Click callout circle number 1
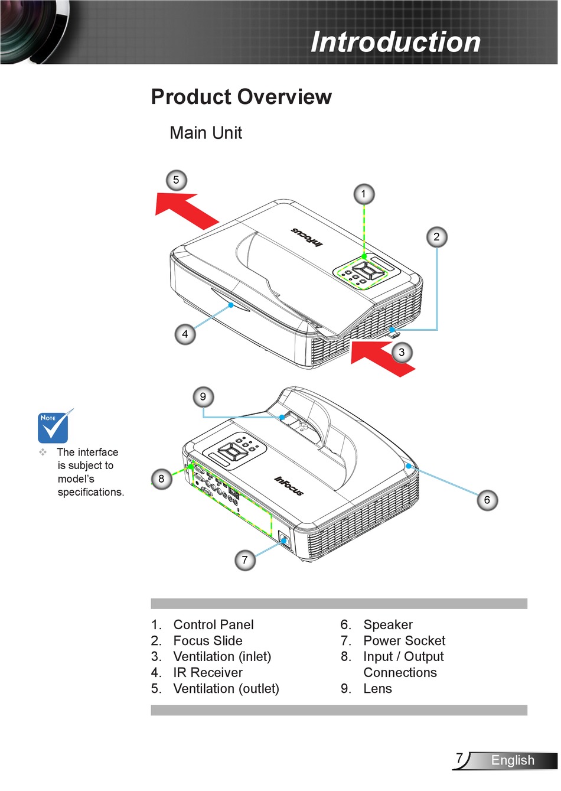click(x=364, y=194)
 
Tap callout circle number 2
click(x=436, y=237)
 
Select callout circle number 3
click(x=402, y=353)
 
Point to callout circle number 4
click(x=185, y=334)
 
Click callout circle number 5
click(x=175, y=180)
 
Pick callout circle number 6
click(x=487, y=500)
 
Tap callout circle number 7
click(x=245, y=559)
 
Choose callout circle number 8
click(x=161, y=478)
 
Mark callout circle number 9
click(x=203, y=397)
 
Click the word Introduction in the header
click(x=396, y=42)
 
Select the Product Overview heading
click(x=241, y=97)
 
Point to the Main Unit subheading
click(x=206, y=133)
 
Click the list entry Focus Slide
click(x=207, y=641)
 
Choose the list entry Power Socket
click(x=404, y=641)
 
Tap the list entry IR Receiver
click(x=207, y=673)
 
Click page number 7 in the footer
click(x=459, y=759)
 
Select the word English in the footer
click(x=513, y=761)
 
